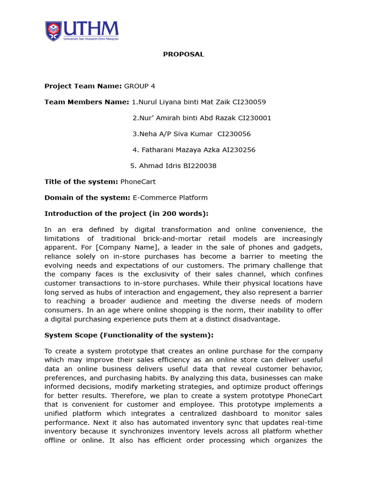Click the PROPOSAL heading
point(184,54)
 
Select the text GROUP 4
point(139,86)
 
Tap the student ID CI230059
point(249,102)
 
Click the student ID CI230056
point(234,134)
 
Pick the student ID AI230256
point(239,150)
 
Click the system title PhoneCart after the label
point(138,182)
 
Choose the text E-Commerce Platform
point(170,198)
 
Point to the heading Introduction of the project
point(126,213)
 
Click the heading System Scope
point(129,335)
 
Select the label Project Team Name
point(83,86)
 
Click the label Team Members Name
point(87,102)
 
